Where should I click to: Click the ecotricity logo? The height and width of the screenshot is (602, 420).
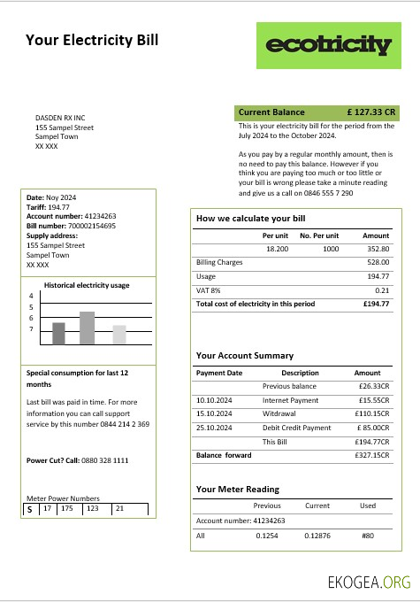(x=328, y=45)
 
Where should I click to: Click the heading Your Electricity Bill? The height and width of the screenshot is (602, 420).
(x=92, y=40)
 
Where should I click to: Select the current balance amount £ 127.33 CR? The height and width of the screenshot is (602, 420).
(x=371, y=112)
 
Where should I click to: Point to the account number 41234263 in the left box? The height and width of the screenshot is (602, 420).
(x=100, y=216)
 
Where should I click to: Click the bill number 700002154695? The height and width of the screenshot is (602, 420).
(x=92, y=226)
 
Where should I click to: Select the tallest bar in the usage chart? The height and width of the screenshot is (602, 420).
(x=87, y=328)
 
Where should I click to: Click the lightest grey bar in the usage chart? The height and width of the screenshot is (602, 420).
(x=119, y=334)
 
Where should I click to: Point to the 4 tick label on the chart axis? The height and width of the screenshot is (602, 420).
(x=31, y=297)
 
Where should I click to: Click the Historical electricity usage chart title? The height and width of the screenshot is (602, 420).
(x=88, y=285)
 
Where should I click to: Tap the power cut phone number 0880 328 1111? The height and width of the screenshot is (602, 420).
(x=102, y=460)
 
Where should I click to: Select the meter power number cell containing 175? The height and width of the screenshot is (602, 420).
(x=67, y=509)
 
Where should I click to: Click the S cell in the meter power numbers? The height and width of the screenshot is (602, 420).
(x=29, y=510)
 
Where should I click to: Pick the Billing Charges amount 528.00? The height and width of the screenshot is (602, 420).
(x=378, y=262)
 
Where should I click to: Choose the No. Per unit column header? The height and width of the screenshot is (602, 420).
(x=319, y=236)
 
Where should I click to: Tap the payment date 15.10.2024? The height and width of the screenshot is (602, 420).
(x=213, y=413)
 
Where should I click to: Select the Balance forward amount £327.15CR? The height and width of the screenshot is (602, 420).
(x=372, y=455)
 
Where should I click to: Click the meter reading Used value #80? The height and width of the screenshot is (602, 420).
(x=368, y=536)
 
